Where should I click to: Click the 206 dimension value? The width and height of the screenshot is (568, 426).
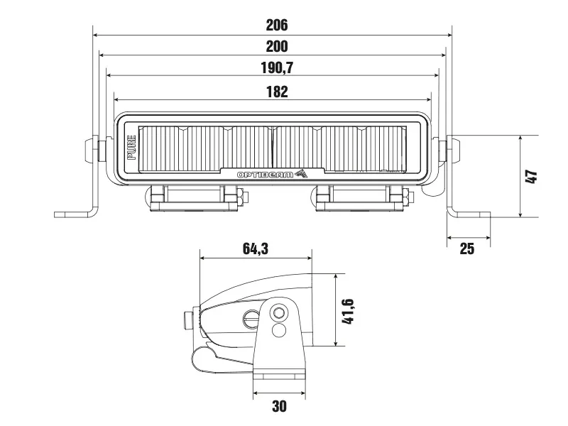click(x=276, y=26)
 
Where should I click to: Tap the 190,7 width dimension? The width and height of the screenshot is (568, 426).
click(x=276, y=68)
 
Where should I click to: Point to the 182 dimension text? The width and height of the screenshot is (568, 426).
click(x=276, y=91)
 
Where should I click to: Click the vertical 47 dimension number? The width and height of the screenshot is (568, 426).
click(x=531, y=176)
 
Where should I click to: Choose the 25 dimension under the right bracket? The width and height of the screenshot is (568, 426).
click(x=467, y=248)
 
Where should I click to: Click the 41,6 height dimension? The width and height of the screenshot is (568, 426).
click(x=348, y=310)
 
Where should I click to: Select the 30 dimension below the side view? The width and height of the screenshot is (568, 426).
click(x=279, y=406)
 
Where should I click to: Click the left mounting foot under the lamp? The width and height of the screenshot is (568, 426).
click(x=194, y=197)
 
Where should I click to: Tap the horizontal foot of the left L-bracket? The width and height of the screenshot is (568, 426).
click(x=75, y=213)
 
